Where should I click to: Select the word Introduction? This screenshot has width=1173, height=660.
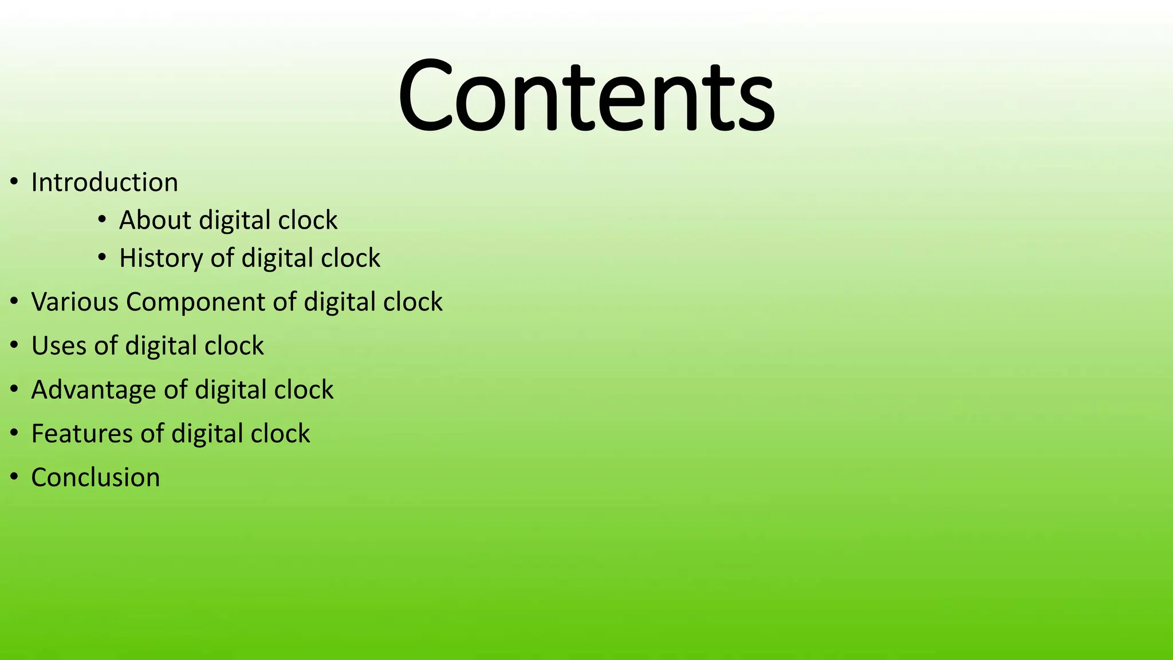click(x=104, y=183)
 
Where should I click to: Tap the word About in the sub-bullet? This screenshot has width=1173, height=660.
click(x=155, y=220)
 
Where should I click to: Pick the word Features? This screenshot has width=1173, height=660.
click(x=82, y=434)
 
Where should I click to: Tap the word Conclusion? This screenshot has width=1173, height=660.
click(x=96, y=478)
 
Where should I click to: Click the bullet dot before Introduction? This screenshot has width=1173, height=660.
click(x=14, y=183)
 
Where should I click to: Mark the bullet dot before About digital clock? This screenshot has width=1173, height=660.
click(x=102, y=220)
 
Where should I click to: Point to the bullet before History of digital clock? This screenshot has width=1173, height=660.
click(x=102, y=258)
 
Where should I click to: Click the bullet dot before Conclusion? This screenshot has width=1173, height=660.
click(x=14, y=477)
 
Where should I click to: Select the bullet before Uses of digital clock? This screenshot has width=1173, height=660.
click(x=14, y=345)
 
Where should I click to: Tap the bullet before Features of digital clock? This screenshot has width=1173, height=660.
click(x=14, y=433)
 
